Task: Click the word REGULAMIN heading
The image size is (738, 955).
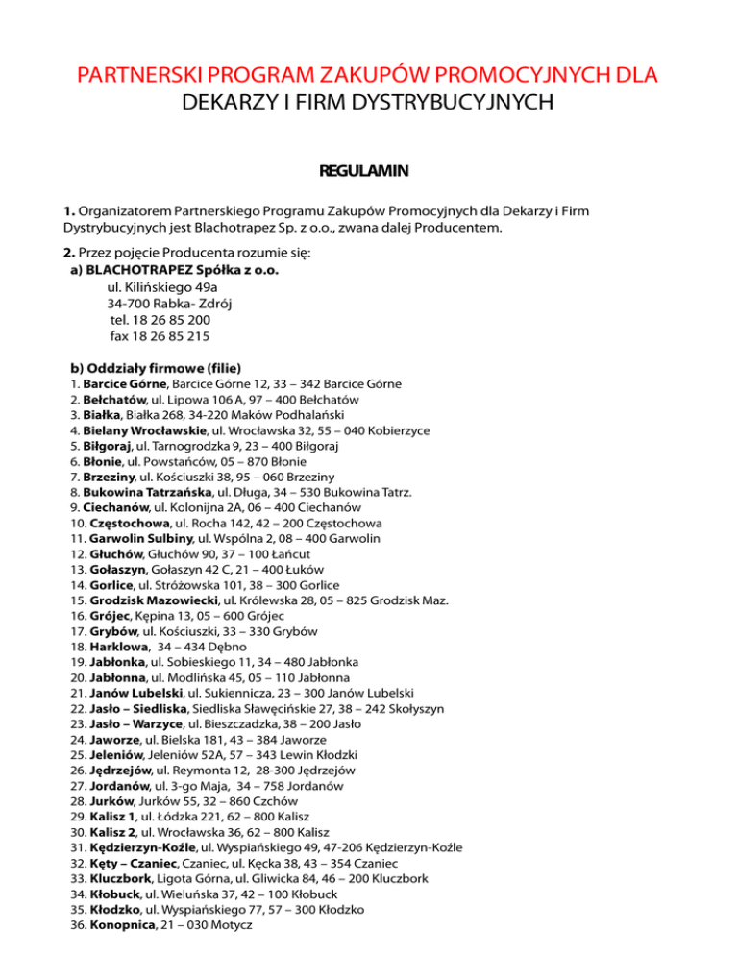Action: point(369,172)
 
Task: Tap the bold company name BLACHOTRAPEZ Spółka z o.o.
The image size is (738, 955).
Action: point(183,271)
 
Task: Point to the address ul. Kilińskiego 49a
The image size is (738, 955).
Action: point(162,287)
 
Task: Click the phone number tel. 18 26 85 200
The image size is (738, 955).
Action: point(160,320)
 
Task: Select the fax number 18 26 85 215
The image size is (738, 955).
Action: point(160,336)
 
